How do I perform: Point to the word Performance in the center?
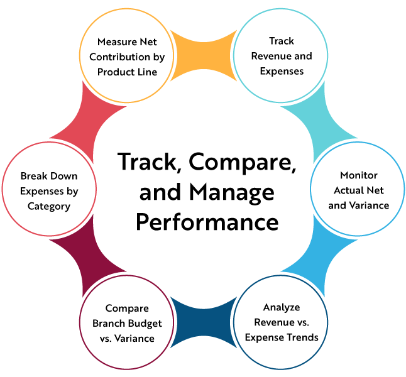(x=208, y=222)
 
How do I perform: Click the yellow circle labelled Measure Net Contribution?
(x=126, y=57)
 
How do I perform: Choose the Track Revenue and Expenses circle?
(x=282, y=57)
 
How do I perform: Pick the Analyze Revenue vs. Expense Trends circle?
(x=282, y=322)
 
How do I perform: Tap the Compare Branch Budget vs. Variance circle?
(x=126, y=323)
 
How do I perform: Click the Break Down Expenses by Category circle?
(x=49, y=190)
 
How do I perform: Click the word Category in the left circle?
(x=49, y=205)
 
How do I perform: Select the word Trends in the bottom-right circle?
(x=302, y=337)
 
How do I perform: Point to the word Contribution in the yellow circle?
(x=126, y=57)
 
